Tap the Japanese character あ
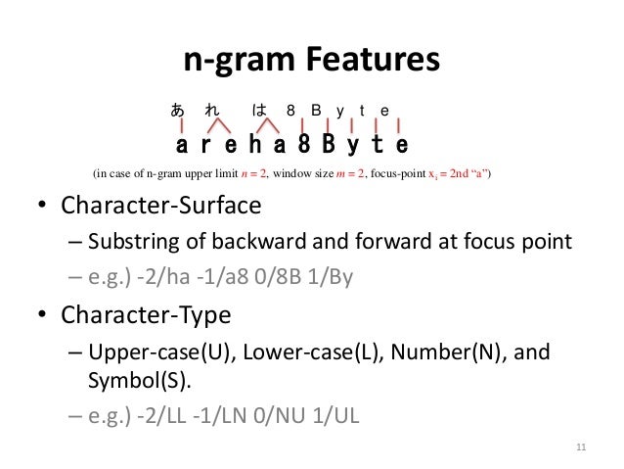(178, 111)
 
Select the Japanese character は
(259, 111)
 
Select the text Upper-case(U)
(151, 353)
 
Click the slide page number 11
(581, 448)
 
